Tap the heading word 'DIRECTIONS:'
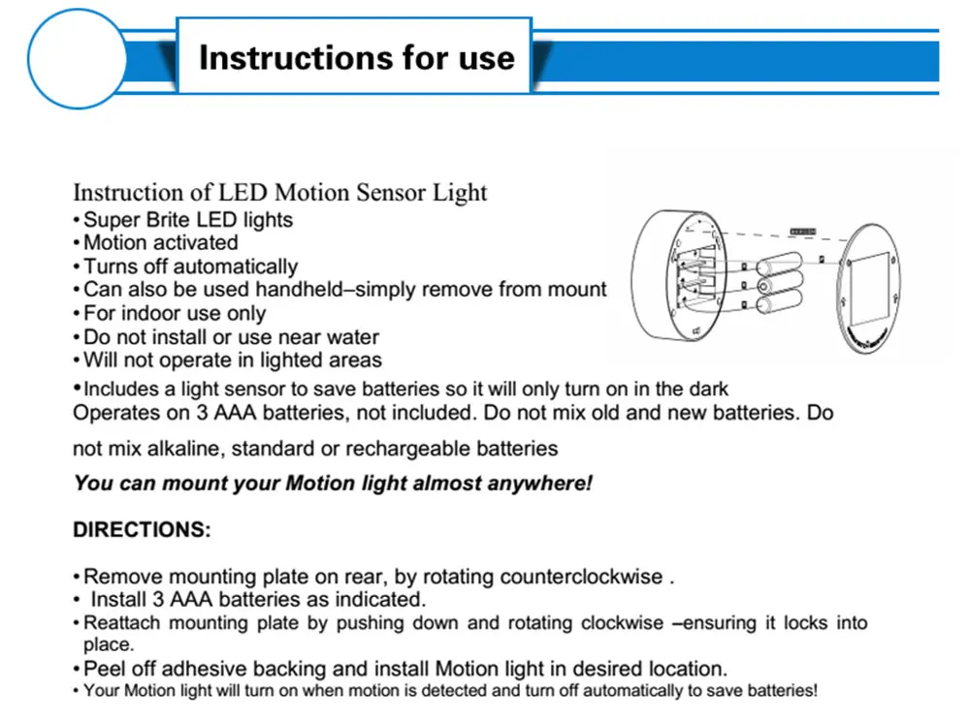pyautogui.click(x=142, y=530)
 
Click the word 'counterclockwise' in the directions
pyautogui.click(x=581, y=577)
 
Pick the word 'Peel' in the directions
pyautogui.click(x=106, y=669)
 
